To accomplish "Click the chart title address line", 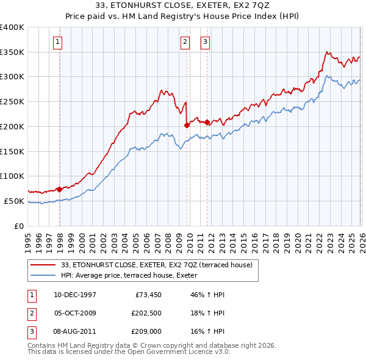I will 182,5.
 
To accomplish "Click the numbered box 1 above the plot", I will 57,42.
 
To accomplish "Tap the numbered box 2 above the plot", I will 185,42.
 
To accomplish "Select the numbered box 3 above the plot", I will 205,42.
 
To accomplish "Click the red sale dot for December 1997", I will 60,189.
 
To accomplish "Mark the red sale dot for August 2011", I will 207,122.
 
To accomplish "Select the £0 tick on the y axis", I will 20,226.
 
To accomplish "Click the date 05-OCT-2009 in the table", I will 74,314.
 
